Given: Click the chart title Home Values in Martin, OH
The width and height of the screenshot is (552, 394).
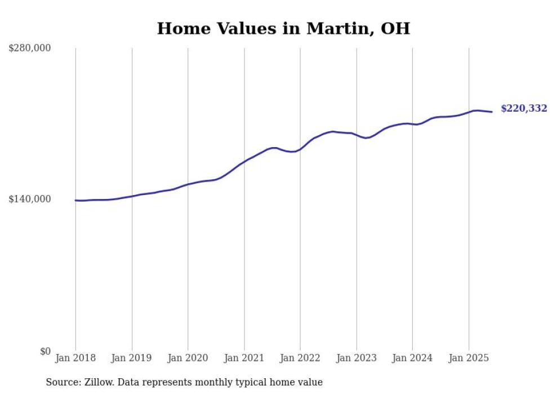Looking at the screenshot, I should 283,28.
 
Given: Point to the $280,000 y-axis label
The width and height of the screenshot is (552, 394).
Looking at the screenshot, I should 30,48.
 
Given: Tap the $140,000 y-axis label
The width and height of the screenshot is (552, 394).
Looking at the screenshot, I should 30,199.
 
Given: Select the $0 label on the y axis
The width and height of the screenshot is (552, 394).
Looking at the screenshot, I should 45,351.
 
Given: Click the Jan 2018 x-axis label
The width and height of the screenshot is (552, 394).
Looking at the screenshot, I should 75,358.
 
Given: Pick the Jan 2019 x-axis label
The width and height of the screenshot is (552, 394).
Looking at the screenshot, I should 132,358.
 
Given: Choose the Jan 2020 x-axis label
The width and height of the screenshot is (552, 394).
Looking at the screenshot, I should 188,358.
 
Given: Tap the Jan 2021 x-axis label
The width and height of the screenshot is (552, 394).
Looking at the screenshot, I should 244,358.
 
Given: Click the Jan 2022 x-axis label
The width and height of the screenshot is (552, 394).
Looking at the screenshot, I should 300,358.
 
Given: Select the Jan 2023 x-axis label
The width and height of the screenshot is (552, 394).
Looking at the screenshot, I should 356,358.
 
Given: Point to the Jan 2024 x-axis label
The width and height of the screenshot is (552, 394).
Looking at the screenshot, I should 412,358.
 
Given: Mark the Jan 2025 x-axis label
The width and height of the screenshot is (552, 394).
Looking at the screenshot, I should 469,358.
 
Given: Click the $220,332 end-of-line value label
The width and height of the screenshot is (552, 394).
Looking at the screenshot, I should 524,108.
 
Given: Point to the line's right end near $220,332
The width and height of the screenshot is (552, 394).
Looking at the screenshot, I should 492,112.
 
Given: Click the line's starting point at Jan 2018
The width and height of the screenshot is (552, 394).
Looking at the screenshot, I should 76,200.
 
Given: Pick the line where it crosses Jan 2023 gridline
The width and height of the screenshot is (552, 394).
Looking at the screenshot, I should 356,134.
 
